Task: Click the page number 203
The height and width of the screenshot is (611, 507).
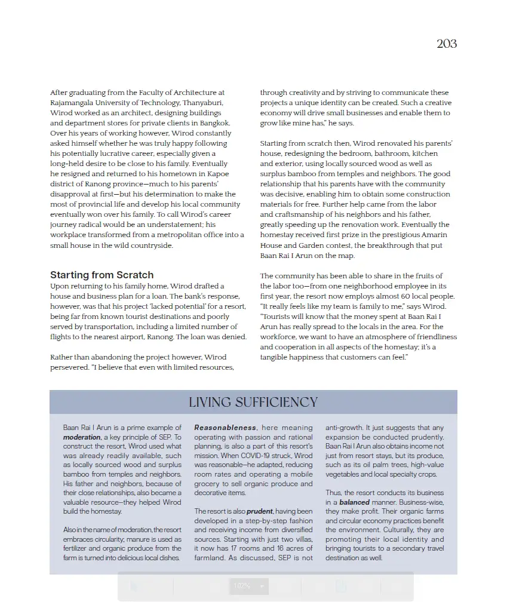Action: click(x=447, y=44)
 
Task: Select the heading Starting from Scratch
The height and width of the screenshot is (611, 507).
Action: click(x=102, y=275)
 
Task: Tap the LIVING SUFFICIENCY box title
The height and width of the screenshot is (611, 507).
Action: click(x=253, y=402)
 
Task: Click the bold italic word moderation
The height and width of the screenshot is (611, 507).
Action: click(x=82, y=437)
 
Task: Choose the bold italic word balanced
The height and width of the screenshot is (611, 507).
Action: click(x=355, y=502)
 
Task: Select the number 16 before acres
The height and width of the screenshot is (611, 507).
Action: click(x=283, y=548)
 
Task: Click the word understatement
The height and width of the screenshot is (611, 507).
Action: click(x=171, y=225)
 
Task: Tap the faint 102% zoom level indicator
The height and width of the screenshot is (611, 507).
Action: click(x=242, y=586)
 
